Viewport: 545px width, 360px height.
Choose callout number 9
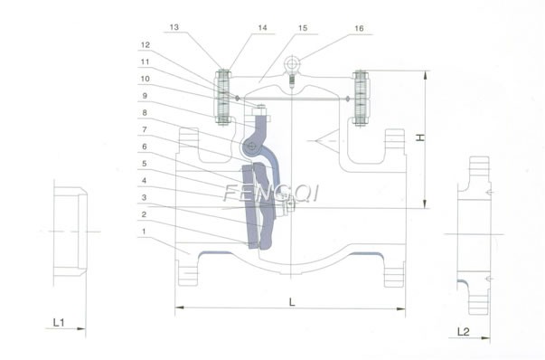coord(144,96)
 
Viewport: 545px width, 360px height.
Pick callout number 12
coord(144,44)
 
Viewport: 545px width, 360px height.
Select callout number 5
coord(144,164)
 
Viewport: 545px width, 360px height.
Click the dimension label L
coord(292,302)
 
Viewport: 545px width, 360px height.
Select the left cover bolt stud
coord(221,97)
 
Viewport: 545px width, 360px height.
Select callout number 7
coord(144,129)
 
